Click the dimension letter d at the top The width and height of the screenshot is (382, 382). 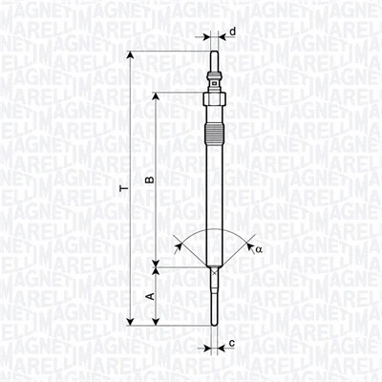tap(232, 32)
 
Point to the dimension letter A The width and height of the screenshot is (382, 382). tap(149, 297)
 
